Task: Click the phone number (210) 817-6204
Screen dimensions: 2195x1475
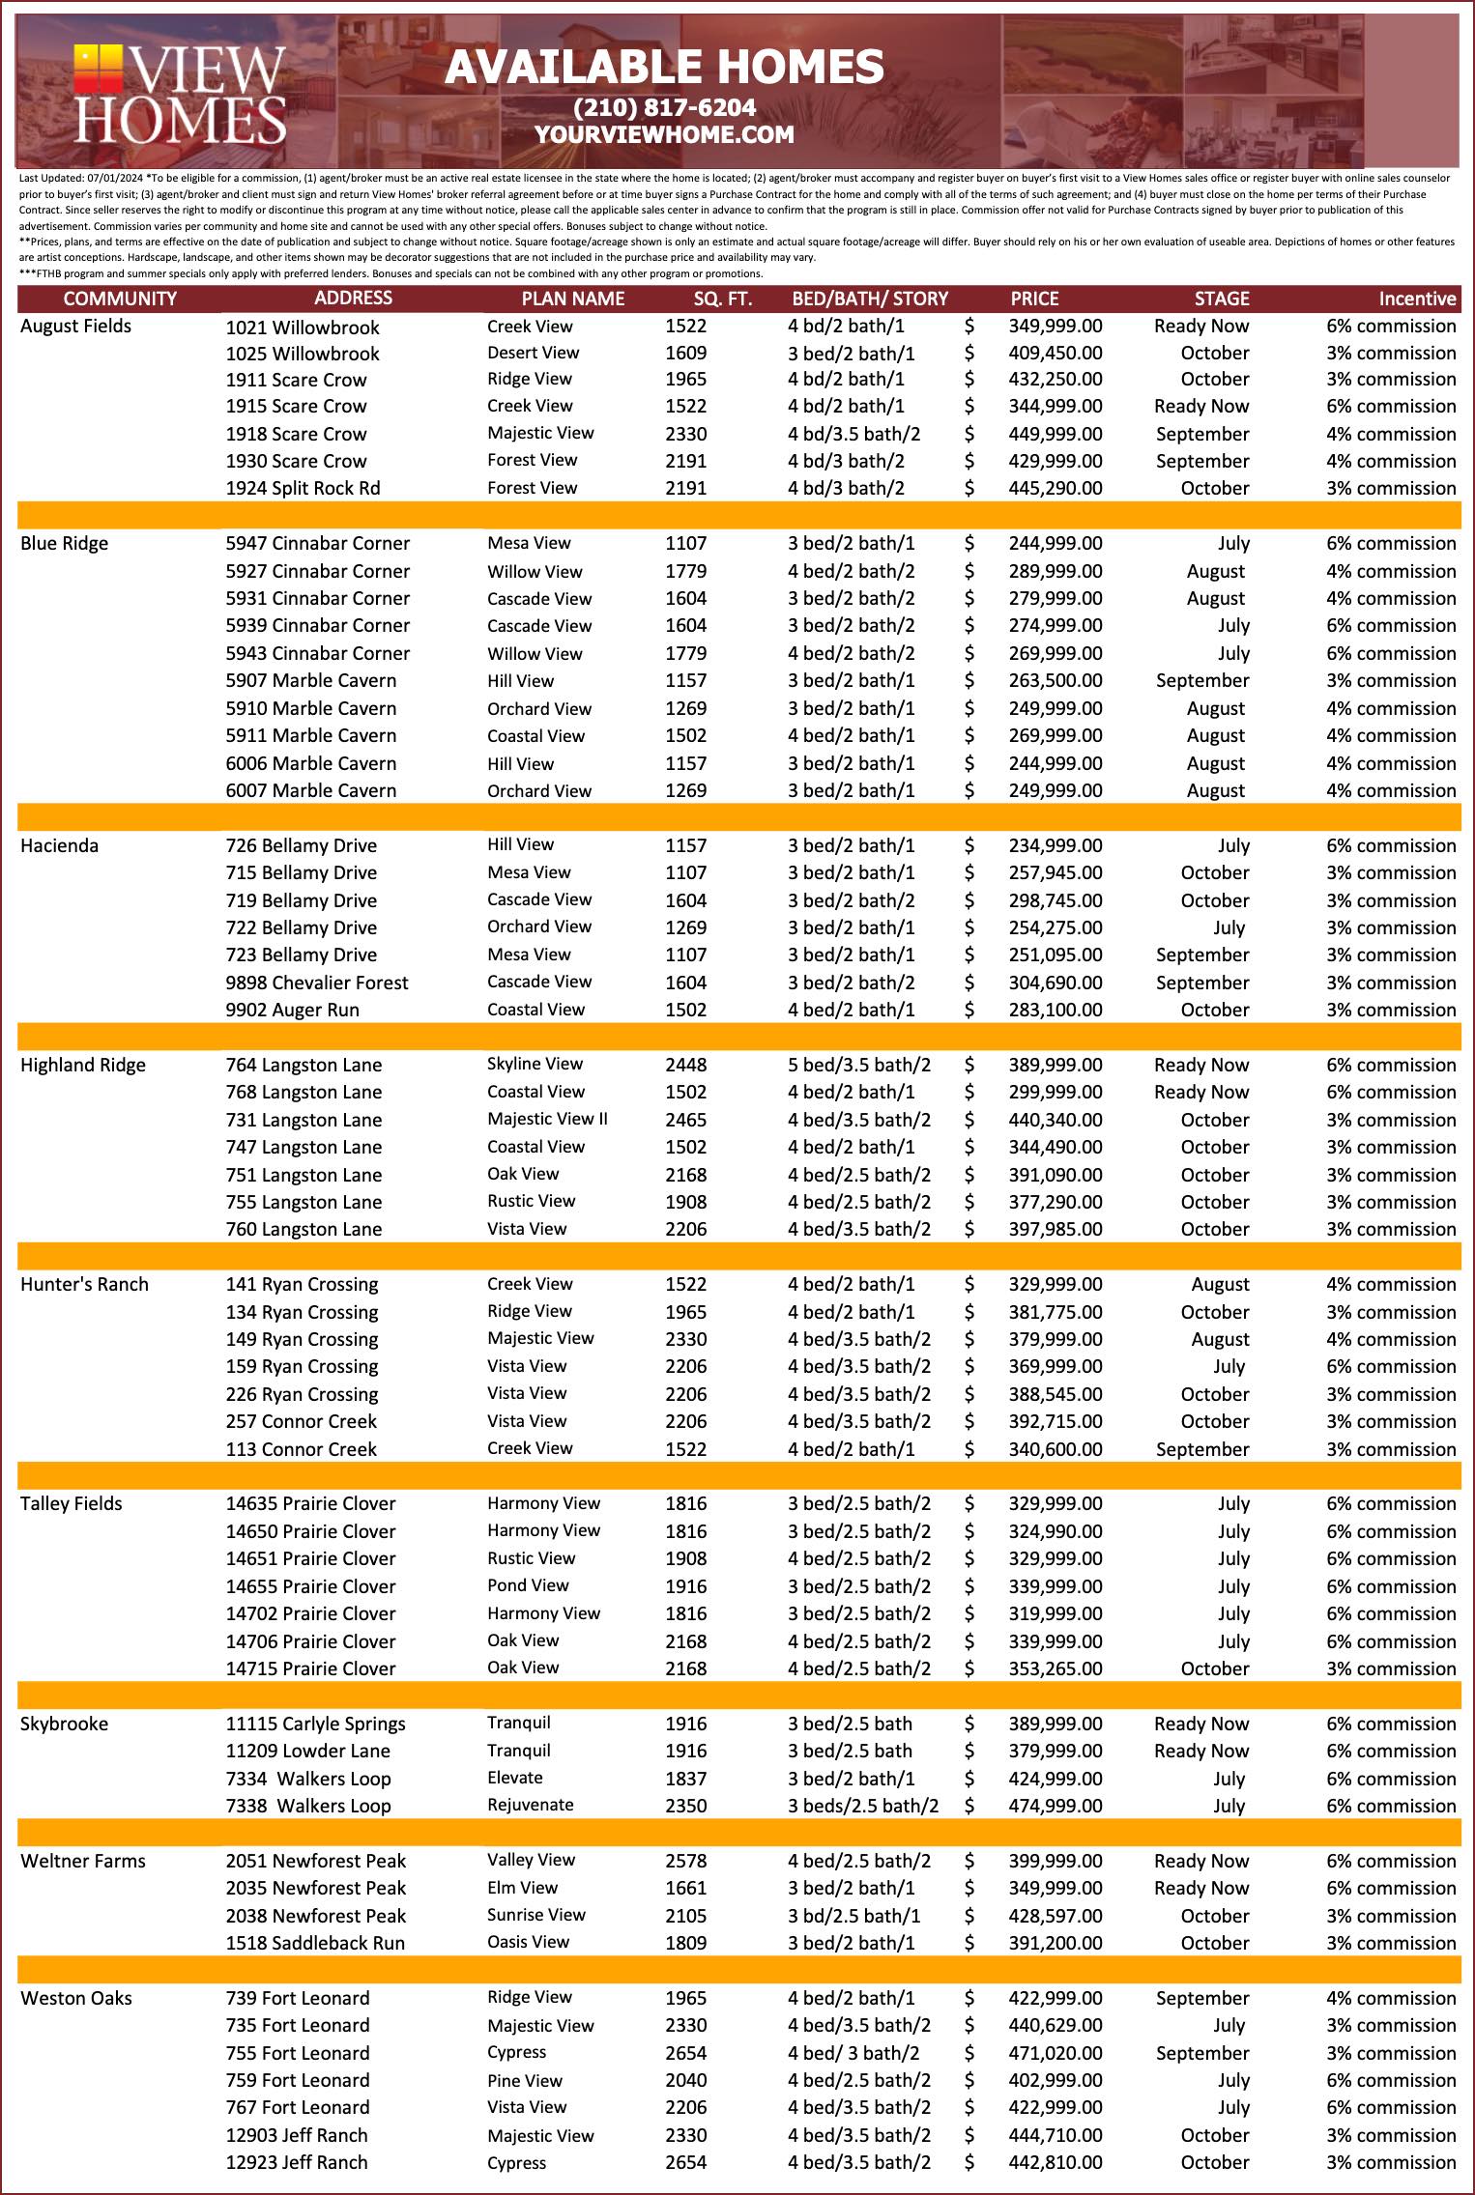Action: click(x=664, y=107)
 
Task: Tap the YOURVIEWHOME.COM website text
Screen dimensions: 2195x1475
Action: click(x=664, y=135)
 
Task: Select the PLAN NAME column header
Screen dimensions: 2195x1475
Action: click(x=572, y=299)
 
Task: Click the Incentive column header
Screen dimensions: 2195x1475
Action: click(x=1416, y=299)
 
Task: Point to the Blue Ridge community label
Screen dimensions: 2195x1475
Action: click(x=64, y=543)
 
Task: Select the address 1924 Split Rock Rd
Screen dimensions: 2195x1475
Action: click(x=303, y=488)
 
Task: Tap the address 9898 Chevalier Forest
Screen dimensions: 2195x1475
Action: click(x=317, y=983)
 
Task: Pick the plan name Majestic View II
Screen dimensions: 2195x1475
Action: click(x=547, y=1119)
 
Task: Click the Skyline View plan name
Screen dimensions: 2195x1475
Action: click(x=535, y=1064)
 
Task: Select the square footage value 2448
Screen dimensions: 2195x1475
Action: click(x=685, y=1065)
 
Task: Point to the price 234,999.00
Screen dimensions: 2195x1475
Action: click(x=1055, y=845)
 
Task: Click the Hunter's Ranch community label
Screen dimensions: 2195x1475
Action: click(x=84, y=1284)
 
